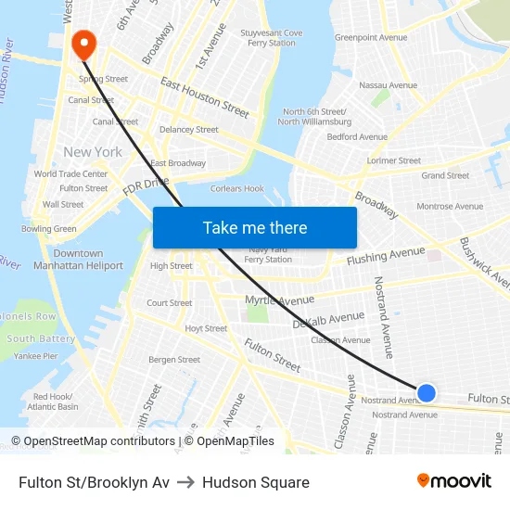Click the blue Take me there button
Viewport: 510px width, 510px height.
(x=254, y=228)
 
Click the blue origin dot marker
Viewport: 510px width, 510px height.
(x=427, y=393)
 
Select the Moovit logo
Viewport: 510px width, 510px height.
(x=453, y=481)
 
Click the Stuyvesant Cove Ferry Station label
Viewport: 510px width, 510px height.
(x=272, y=38)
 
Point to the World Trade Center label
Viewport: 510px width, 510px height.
(x=70, y=174)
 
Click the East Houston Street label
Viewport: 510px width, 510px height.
(x=205, y=97)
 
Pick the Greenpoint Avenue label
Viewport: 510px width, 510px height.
(x=371, y=38)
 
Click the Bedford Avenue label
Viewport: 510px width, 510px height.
(x=357, y=137)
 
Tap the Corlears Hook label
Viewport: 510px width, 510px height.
(x=237, y=189)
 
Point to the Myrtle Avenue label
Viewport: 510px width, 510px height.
(x=279, y=300)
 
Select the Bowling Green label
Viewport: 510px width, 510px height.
(x=49, y=229)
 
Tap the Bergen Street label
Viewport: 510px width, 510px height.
(x=174, y=360)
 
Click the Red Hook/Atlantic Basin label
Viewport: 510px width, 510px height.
(x=53, y=402)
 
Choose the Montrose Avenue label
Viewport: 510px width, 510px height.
(x=449, y=207)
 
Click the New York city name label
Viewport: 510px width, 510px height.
(x=93, y=152)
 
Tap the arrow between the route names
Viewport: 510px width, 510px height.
(x=185, y=482)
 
